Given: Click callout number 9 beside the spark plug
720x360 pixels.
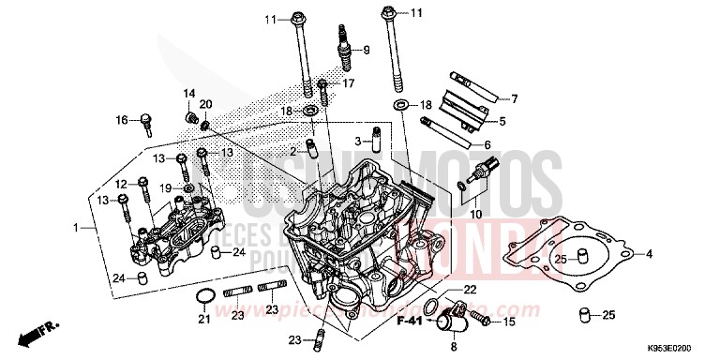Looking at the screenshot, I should coord(367,50).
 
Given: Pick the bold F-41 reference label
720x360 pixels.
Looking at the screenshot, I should coord(410,322).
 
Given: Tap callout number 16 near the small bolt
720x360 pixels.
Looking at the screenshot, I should coord(121,120).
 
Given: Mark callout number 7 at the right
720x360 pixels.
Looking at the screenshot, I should coord(513,98).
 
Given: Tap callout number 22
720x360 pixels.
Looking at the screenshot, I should coord(470,289).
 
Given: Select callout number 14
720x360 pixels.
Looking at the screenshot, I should coord(188,93).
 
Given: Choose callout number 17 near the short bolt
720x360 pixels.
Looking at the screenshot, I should coord(349,83).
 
